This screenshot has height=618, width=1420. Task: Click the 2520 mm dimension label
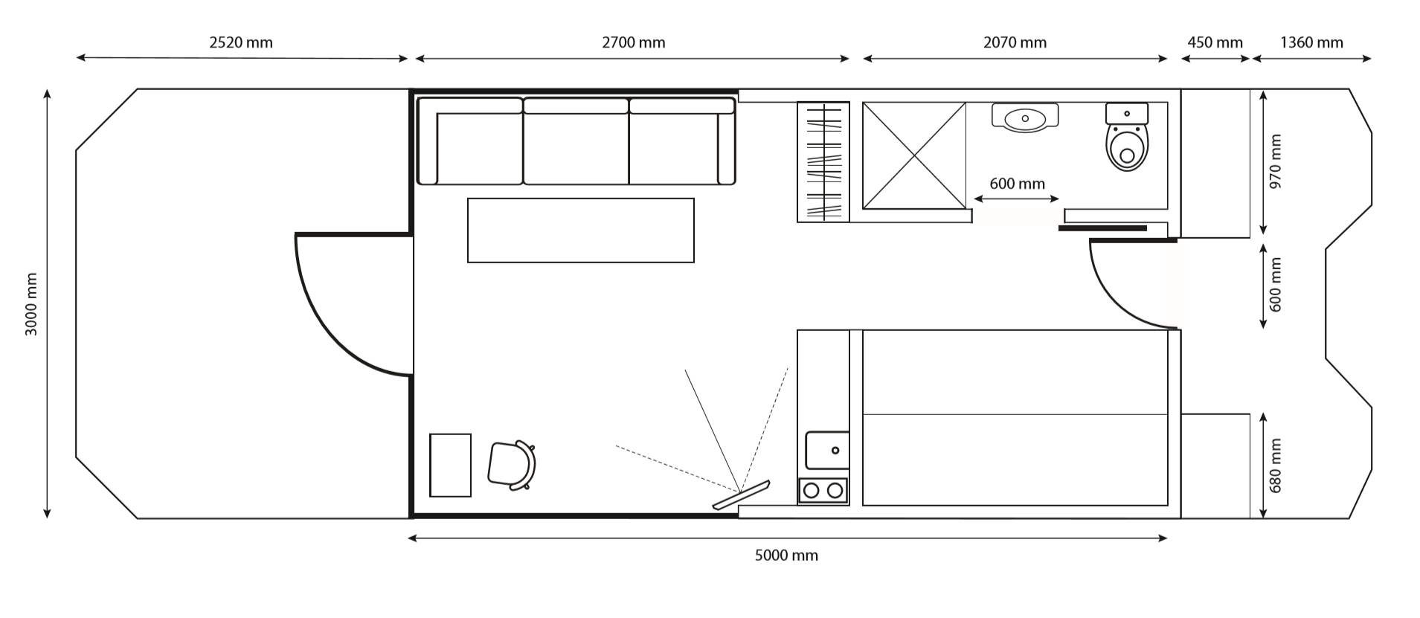(241, 42)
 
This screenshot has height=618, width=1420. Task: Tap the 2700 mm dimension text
(633, 42)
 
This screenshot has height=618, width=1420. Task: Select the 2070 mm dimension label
(1015, 42)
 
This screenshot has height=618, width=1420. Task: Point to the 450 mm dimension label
(1215, 42)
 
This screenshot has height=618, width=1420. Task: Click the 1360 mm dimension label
(1311, 42)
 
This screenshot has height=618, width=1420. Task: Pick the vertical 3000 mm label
(31, 304)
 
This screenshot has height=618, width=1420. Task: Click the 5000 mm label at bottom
(786, 556)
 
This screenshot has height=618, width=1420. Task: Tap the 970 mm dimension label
(1276, 161)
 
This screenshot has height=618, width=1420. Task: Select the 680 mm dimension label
(1276, 466)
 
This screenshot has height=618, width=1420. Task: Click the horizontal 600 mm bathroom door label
(1017, 184)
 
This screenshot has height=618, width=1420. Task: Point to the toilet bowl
(1127, 147)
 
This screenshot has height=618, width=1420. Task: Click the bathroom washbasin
(1025, 118)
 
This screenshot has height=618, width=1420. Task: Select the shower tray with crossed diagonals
(913, 155)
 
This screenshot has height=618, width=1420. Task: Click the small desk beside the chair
(450, 465)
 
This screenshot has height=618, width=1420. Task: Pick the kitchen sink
(826, 450)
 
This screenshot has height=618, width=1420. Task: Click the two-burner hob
(823, 490)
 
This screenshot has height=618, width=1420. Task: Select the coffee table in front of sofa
(580, 230)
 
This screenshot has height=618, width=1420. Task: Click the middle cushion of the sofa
(576, 145)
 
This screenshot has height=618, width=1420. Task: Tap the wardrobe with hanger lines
(823, 161)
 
